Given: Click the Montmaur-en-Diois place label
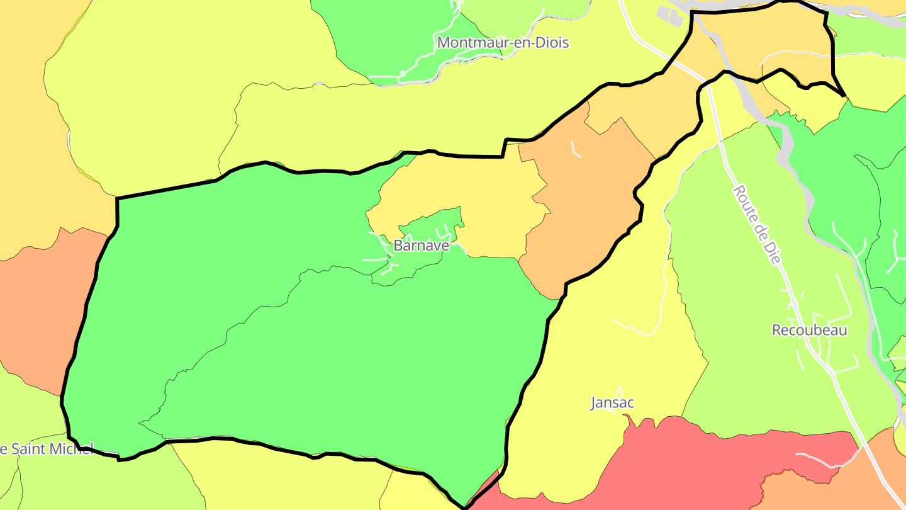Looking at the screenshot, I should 503,43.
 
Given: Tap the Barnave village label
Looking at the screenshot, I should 422,246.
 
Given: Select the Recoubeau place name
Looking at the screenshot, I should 809,330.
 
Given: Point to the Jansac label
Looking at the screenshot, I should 612,402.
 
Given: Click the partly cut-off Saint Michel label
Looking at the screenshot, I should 47,449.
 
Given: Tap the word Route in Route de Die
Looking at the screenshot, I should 747,203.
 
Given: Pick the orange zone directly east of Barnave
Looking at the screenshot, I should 585,201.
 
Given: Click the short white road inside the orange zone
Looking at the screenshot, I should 575,149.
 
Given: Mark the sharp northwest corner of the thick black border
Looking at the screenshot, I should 117,199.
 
